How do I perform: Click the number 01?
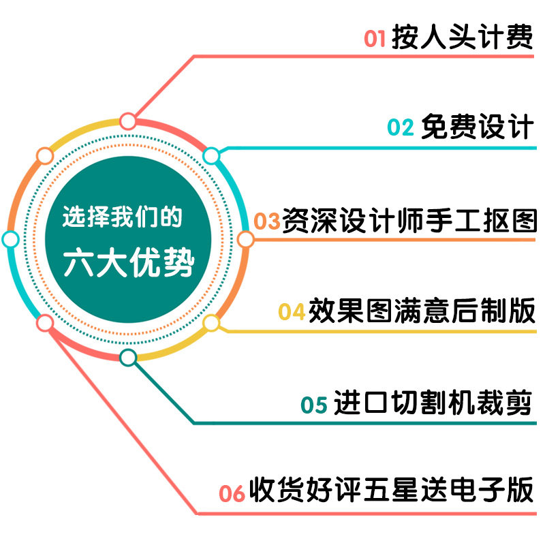[375, 38]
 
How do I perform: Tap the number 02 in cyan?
[401, 127]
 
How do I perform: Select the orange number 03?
[267, 221]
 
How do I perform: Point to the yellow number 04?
[291, 311]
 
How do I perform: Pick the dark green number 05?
[314, 404]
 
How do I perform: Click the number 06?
[232, 493]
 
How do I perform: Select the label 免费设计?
[476, 127]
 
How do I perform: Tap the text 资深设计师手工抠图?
[409, 221]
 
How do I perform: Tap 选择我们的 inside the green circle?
[122, 217]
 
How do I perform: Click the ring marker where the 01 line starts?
[128, 121]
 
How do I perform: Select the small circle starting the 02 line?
[212, 156]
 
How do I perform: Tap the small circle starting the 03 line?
[246, 239]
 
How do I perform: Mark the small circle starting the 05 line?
[128, 357]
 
